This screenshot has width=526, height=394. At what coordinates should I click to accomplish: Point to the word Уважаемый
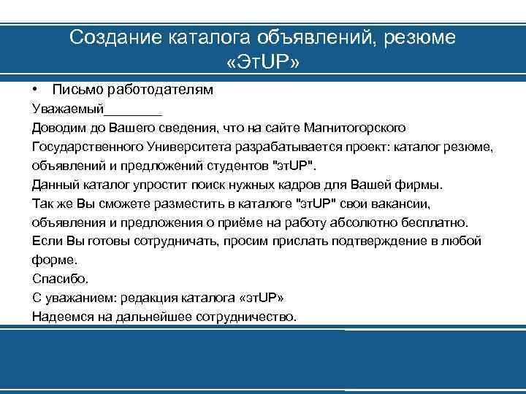pos(67,109)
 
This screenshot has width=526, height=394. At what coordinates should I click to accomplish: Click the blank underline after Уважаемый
pos(132,109)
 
